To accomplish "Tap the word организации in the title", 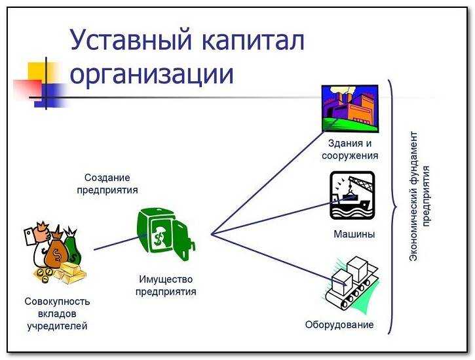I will point(151,73).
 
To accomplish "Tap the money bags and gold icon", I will point(53,255).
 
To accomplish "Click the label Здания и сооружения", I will point(350,150).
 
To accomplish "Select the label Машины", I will point(354,234).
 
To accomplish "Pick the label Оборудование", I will point(339,325).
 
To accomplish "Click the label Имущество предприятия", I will point(166,286).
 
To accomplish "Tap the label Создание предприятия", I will point(107,184).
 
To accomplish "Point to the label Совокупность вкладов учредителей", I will point(57,313).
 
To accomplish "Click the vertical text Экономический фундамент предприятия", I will point(419,197).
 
